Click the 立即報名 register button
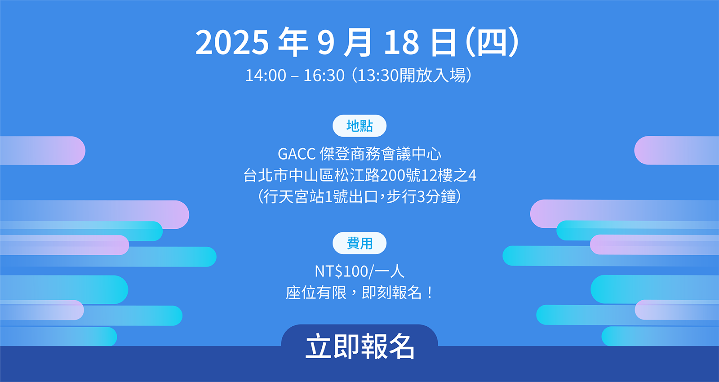tap(359, 346)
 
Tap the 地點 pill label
tap(359, 126)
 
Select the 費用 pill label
tap(359, 243)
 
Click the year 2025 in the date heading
tap(232, 42)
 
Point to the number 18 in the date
tap(402, 42)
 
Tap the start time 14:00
tap(266, 76)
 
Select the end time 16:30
tap(324, 76)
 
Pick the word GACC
tap(297, 154)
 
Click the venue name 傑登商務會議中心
tap(381, 154)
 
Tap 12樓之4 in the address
tap(449, 175)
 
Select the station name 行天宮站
tap(293, 196)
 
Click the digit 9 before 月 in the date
tap(326, 42)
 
